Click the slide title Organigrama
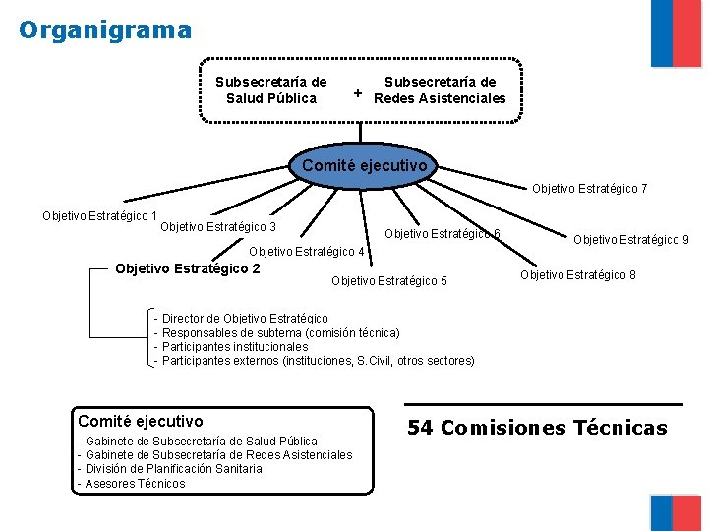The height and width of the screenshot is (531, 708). coord(105,30)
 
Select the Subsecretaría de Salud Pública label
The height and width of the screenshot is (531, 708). coord(271,90)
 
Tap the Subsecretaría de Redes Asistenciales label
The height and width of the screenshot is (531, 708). coord(440,90)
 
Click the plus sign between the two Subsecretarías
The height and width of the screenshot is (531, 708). coord(358,94)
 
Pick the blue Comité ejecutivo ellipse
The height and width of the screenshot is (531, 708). coord(365,165)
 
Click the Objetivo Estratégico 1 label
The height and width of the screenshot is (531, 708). coord(99,216)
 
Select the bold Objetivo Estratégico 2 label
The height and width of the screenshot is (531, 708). coord(188,267)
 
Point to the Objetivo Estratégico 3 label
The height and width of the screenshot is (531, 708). coord(218,227)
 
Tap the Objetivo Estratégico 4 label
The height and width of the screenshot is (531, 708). coord(307,251)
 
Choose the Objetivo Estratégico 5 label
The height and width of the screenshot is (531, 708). coord(389,281)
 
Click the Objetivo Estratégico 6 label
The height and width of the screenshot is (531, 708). coord(442,233)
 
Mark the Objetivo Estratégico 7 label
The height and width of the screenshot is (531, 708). coord(590,188)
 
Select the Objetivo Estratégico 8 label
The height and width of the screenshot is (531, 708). coord(578,274)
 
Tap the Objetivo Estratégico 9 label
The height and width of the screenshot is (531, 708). coord(631,239)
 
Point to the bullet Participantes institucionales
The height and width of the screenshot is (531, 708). coord(234,347)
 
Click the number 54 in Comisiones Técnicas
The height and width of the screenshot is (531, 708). coord(420,428)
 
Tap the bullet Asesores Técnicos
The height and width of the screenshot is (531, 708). coord(135,483)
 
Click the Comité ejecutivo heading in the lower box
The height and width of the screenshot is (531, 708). coord(141,421)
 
